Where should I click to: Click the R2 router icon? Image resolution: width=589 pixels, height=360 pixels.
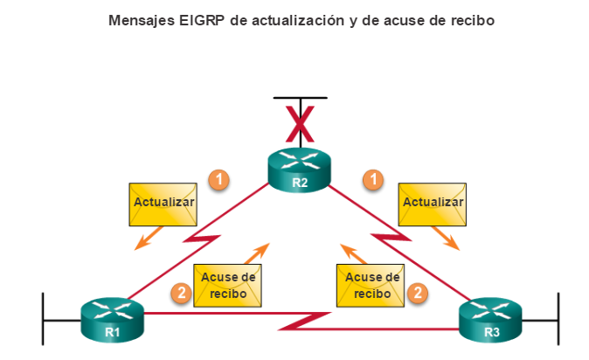[300, 169]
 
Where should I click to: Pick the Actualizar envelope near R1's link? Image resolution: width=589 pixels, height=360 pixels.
[163, 203]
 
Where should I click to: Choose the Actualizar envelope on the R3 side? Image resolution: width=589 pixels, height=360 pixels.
[432, 203]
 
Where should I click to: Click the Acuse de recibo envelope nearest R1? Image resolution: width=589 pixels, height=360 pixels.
[228, 285]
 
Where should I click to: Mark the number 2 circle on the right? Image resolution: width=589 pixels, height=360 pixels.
[419, 293]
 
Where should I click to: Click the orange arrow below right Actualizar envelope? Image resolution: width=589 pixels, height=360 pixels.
[449, 238]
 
